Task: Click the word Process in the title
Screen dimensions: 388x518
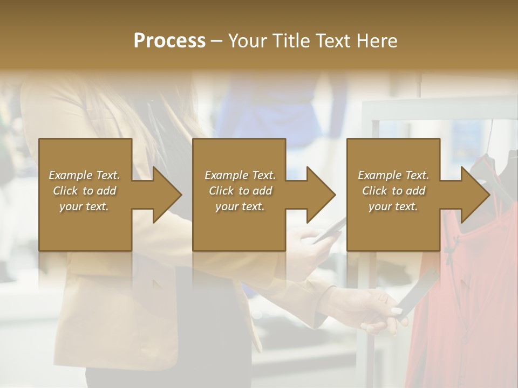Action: [x=169, y=41]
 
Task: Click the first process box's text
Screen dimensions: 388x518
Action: [x=84, y=191]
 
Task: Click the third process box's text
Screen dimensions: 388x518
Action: [x=393, y=191]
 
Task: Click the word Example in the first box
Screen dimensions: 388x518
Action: [x=71, y=175]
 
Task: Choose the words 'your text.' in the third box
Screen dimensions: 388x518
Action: [x=393, y=206]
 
